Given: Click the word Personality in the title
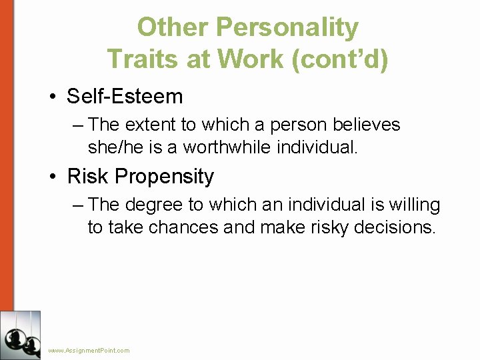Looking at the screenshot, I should tap(287, 28).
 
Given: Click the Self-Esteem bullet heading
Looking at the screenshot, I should tap(125, 97).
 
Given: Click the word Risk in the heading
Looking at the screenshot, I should tap(88, 177).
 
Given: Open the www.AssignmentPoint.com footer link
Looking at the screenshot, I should tap(89, 350).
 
